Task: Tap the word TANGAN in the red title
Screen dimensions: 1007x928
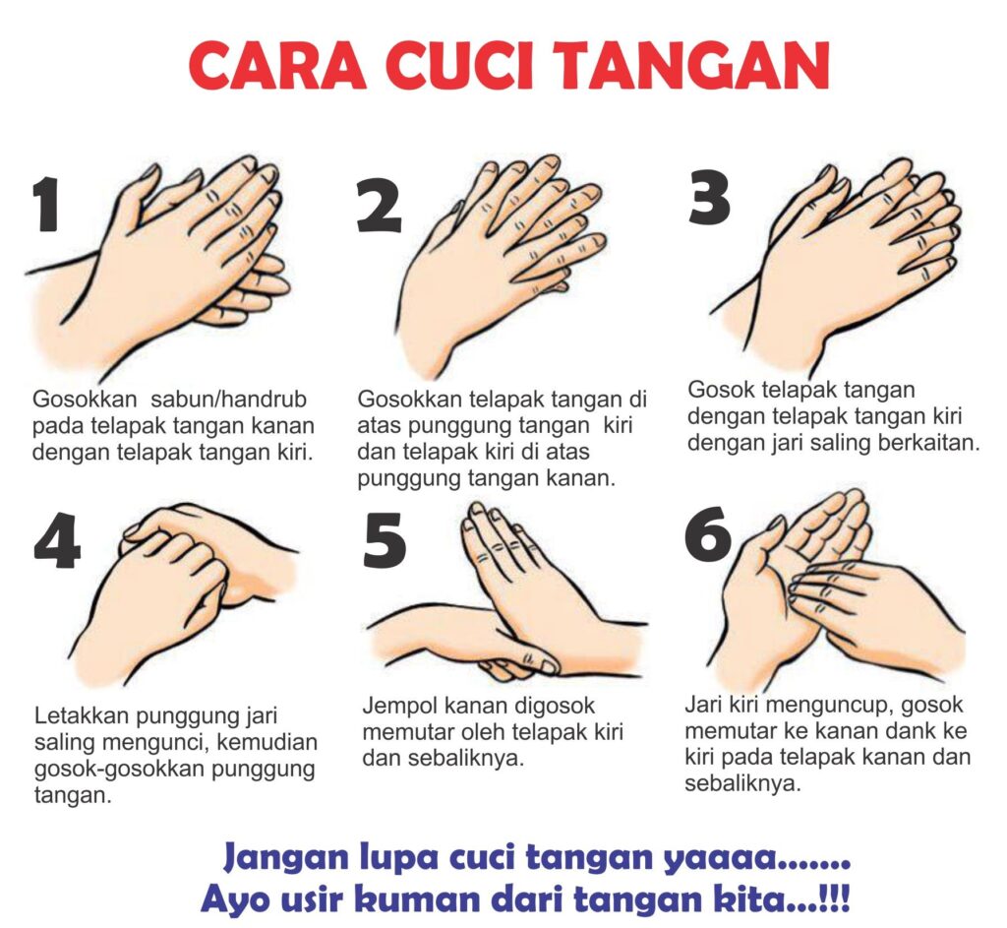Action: coord(693,66)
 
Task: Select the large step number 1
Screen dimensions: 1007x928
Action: coord(46,205)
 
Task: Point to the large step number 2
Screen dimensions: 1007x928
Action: coord(380,205)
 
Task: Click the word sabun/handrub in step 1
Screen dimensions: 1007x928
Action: coord(228,400)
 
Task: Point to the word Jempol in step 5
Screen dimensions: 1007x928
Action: coord(399,707)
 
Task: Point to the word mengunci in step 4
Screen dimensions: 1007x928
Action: coord(152,742)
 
